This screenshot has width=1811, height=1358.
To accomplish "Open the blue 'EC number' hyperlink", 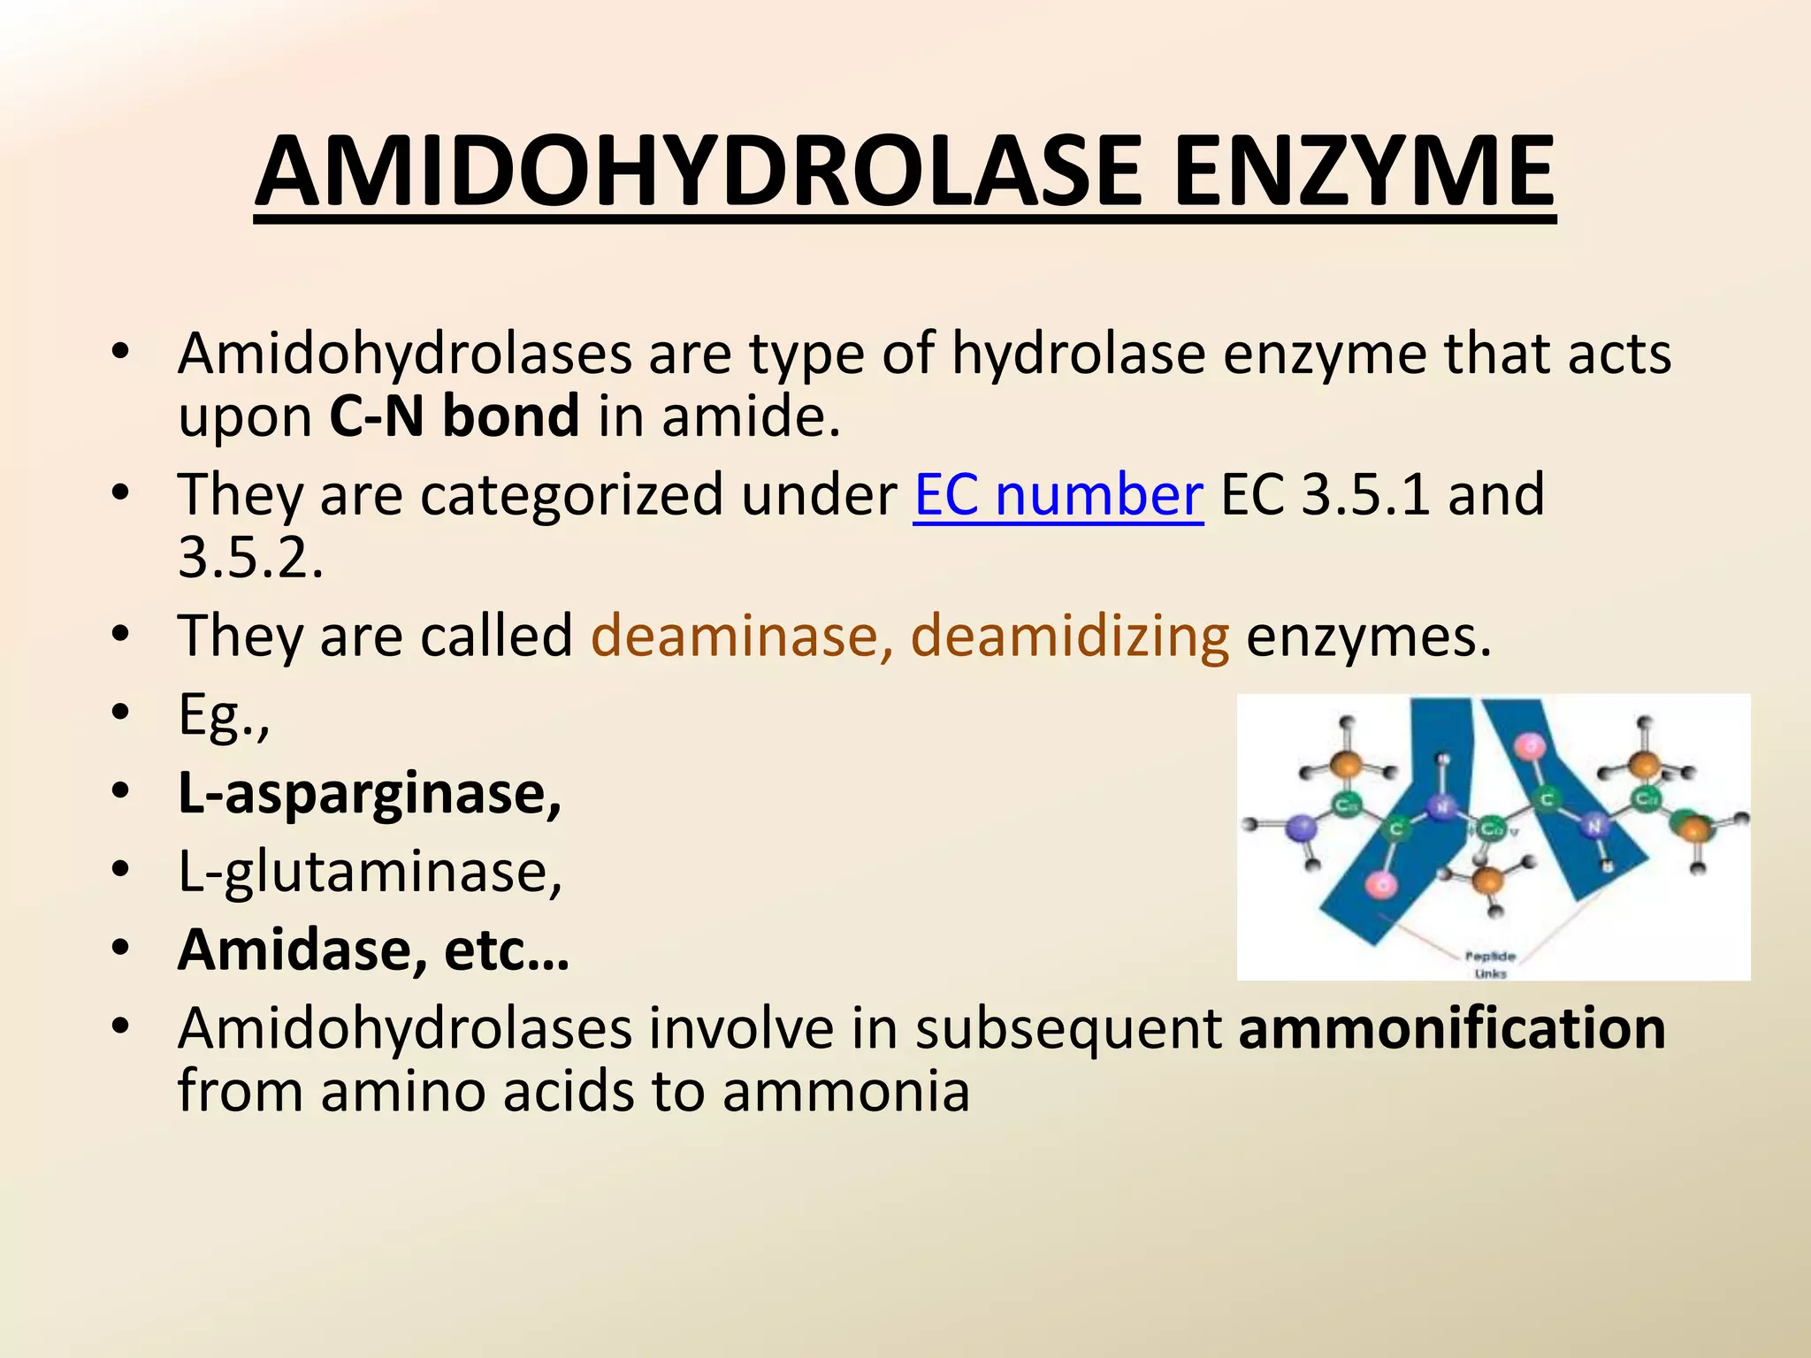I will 1058,494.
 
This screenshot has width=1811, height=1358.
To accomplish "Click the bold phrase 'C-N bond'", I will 454,416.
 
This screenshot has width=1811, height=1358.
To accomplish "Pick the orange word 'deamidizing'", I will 1069,637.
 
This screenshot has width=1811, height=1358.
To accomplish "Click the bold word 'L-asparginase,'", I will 370,793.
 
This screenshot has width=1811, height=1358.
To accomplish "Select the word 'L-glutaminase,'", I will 370,872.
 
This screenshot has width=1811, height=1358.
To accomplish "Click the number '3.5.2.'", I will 250,558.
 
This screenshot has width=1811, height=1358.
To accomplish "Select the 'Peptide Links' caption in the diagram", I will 1491,965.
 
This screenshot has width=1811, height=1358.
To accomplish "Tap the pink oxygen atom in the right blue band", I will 1530,745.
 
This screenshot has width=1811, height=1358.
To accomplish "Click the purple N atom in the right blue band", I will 1594,826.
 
